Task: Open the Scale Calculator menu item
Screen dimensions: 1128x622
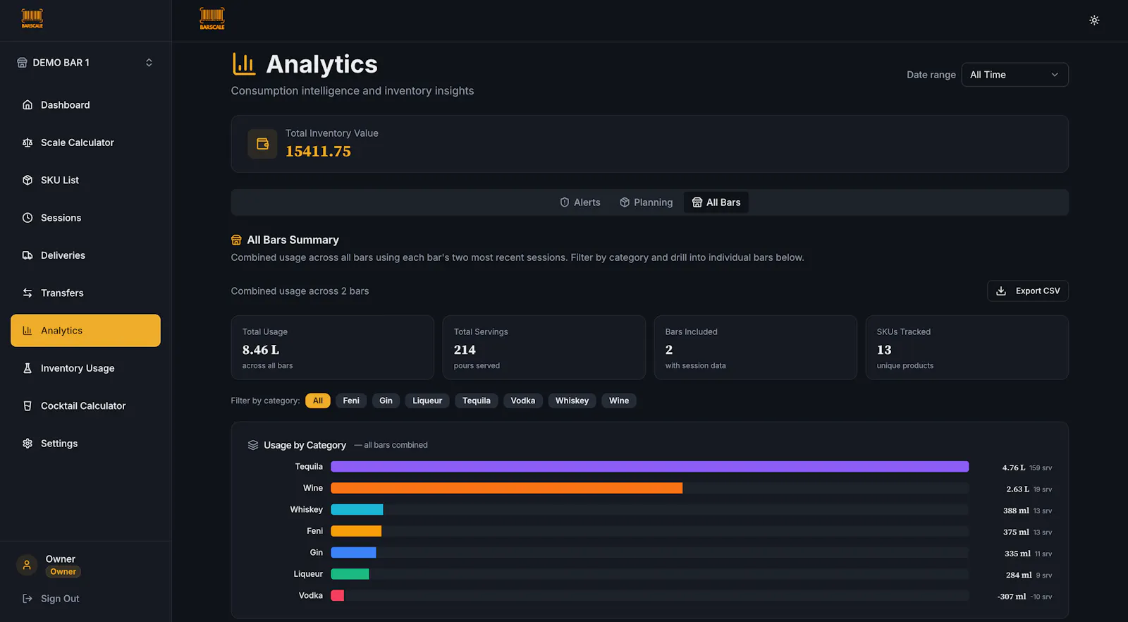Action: [x=77, y=142]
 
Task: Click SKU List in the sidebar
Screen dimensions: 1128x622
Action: [x=59, y=181]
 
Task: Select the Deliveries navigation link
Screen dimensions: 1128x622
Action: [x=63, y=255]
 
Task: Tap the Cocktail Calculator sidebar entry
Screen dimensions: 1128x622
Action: [x=83, y=406]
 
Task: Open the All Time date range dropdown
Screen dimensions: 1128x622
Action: [x=1014, y=75]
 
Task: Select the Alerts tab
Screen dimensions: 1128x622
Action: [x=580, y=202]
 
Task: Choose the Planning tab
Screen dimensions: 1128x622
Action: [x=646, y=202]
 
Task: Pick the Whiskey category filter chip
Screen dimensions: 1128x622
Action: [x=572, y=401]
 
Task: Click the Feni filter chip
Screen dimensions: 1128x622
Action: [x=351, y=401]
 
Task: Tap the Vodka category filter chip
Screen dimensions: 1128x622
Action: [x=522, y=401]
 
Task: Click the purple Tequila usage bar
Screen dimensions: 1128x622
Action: [x=649, y=466]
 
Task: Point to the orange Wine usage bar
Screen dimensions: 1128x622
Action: [x=507, y=488]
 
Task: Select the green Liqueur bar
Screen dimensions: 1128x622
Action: [x=350, y=573]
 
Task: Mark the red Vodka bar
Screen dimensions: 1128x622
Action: [x=338, y=595]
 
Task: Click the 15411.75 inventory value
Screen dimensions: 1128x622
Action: [x=318, y=151]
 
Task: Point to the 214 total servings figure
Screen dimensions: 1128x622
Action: [x=465, y=350]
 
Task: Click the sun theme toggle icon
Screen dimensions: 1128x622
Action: [x=1094, y=20]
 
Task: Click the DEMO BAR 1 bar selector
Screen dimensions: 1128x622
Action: [x=85, y=63]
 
